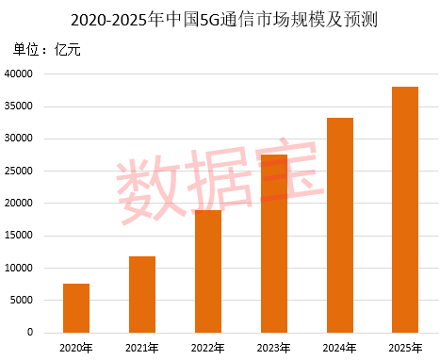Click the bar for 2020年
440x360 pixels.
(x=76, y=308)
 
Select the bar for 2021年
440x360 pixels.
(x=142, y=294)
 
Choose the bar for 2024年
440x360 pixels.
(x=339, y=225)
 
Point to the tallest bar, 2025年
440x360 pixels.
(x=405, y=209)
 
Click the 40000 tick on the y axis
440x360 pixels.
(x=18, y=74)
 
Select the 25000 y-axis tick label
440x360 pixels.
(x=18, y=171)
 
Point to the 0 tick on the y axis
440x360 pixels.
(x=30, y=333)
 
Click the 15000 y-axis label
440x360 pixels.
(x=18, y=236)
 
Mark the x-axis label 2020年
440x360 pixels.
(x=76, y=348)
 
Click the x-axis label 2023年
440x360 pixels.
(x=273, y=348)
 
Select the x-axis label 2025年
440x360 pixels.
(x=405, y=348)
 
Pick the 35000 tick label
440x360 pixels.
(x=18, y=106)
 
